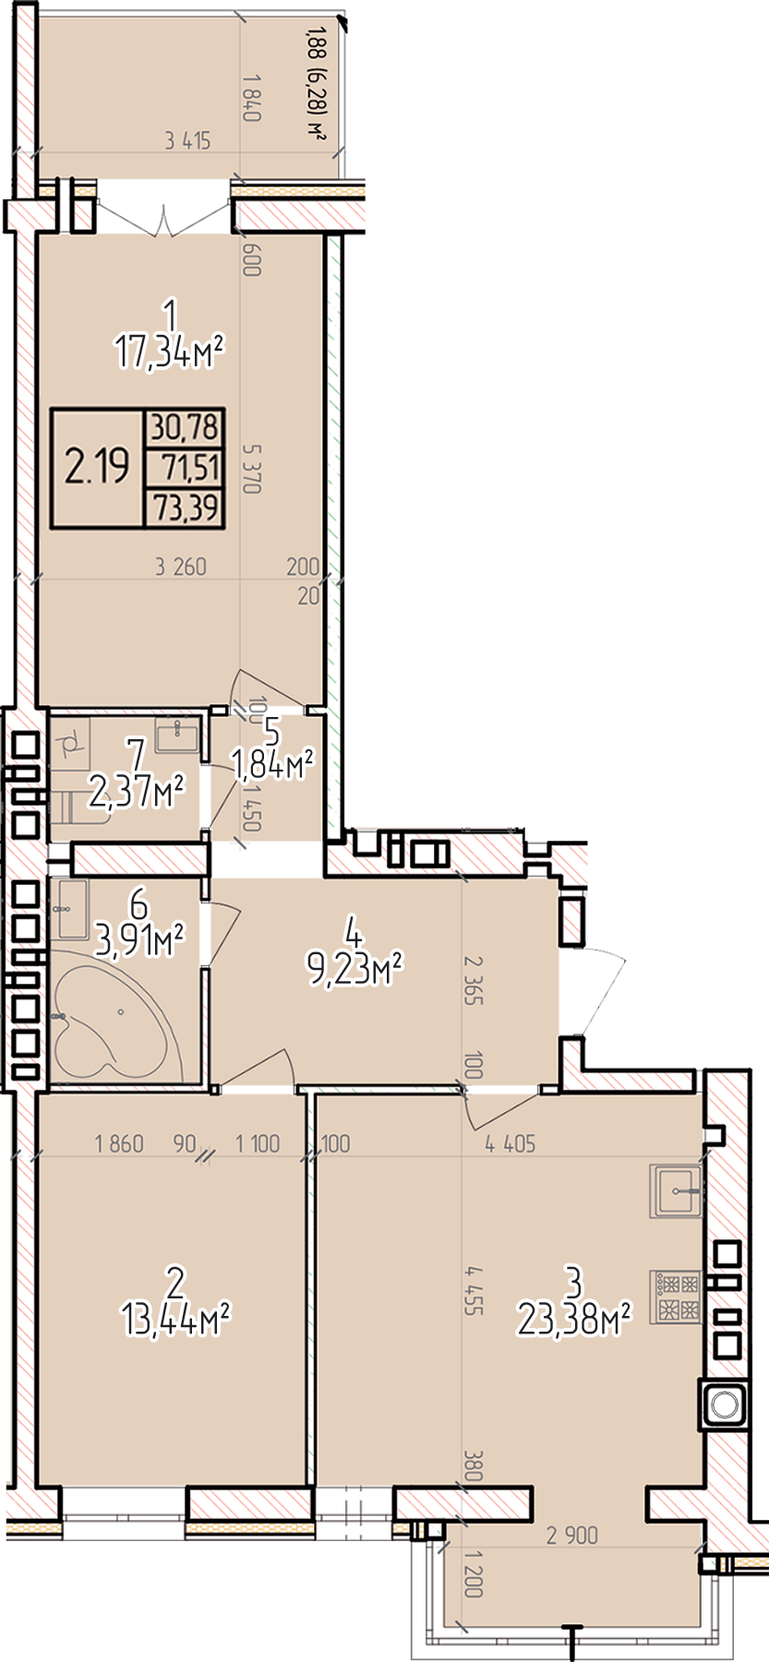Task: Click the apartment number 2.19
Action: coord(97,468)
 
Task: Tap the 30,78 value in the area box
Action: coord(186,427)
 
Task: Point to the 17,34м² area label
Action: coord(171,353)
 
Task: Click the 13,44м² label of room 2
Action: coord(175,1320)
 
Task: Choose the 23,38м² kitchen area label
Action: coord(574,1320)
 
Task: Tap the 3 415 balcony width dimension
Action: coord(187,141)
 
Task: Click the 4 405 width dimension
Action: coord(511,1143)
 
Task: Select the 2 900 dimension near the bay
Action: coord(572,1536)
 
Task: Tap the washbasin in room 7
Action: coord(178,737)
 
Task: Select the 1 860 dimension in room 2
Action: coord(119,1144)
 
